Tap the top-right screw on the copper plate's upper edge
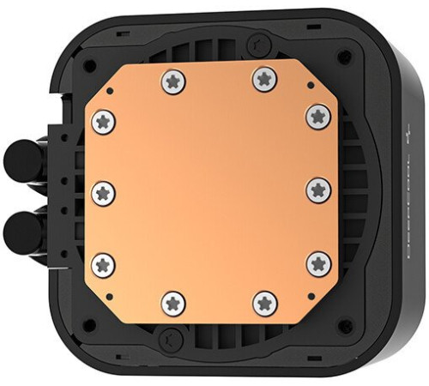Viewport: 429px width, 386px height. tap(263, 80)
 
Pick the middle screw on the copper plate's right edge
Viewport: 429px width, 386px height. tap(318, 190)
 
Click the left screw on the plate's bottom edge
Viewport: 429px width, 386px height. tap(173, 301)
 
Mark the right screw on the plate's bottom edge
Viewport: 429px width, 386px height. tap(263, 301)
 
